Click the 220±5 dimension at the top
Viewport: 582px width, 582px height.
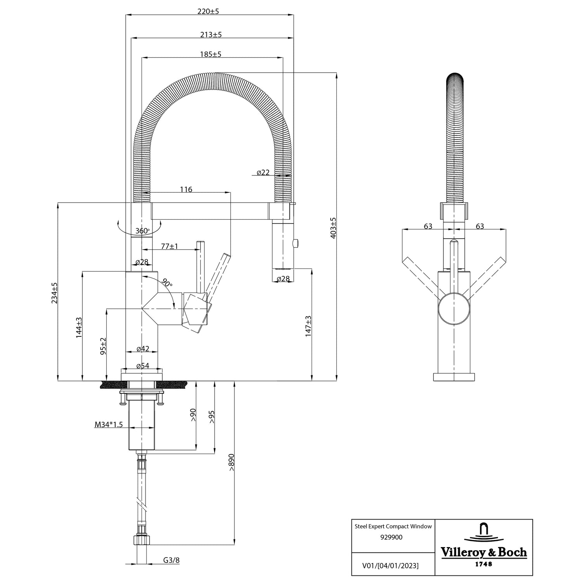point(208,11)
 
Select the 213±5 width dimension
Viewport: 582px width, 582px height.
point(211,35)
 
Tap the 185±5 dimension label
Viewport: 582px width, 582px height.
point(211,54)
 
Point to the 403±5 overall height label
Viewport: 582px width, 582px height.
point(333,228)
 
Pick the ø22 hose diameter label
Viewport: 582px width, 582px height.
point(263,172)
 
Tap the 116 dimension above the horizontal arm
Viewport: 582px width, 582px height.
point(186,189)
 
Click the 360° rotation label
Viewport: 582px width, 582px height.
point(142,231)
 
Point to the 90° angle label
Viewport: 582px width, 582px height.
point(167,283)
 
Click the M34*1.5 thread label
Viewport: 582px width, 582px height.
point(109,424)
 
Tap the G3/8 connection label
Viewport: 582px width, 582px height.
point(171,560)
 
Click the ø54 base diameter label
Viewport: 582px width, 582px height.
point(143,365)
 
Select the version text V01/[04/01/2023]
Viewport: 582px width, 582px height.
point(390,565)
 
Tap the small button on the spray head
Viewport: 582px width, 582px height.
point(296,243)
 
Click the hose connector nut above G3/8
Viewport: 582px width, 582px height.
point(142,540)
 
